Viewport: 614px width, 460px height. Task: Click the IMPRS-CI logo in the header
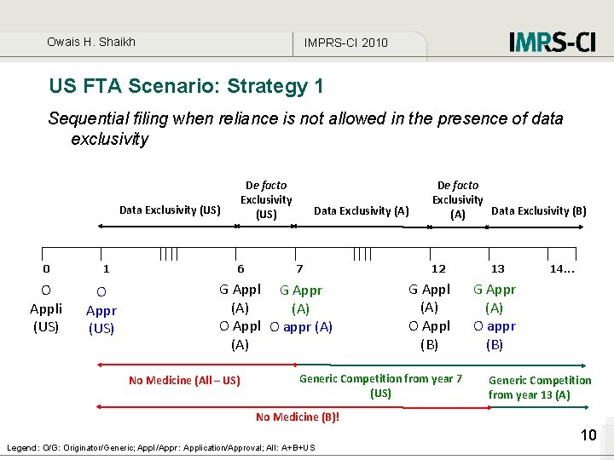click(x=552, y=42)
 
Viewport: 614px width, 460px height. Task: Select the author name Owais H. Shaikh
click(x=91, y=42)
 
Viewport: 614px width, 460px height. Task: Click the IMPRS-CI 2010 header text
click(x=345, y=43)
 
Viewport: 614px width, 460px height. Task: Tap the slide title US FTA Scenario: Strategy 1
click(x=187, y=86)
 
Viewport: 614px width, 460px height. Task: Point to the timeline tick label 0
click(x=46, y=268)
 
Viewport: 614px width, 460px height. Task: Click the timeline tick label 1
click(x=106, y=268)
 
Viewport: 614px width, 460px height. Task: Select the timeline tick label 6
click(x=240, y=268)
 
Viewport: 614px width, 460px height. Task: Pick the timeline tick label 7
click(x=298, y=268)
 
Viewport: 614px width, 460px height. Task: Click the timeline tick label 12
click(x=438, y=268)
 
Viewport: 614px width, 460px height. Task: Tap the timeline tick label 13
click(x=497, y=268)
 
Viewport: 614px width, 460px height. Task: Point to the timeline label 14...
click(x=561, y=268)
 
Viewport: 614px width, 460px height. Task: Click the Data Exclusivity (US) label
click(x=170, y=210)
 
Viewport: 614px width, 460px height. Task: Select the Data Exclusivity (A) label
click(x=362, y=210)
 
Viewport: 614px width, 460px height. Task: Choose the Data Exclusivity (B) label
click(x=539, y=210)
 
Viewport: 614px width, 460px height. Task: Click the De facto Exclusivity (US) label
click(x=266, y=199)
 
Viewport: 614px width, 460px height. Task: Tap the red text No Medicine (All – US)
click(x=184, y=381)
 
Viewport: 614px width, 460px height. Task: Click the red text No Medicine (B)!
click(x=298, y=417)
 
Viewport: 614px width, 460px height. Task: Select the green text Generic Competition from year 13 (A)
click(x=539, y=387)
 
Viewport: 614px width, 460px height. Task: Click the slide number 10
click(x=588, y=435)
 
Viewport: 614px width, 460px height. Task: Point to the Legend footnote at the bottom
click(x=160, y=447)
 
